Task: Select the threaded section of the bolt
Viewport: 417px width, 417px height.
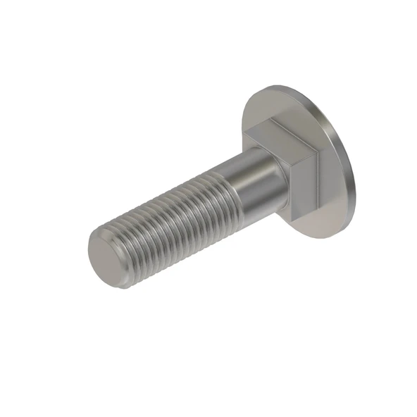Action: [x=169, y=225]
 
